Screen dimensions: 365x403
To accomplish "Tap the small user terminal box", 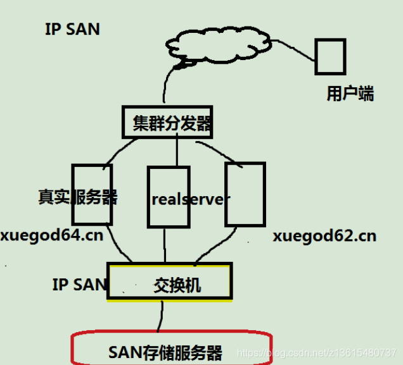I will (x=331, y=56).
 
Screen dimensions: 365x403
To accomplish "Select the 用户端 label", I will (x=350, y=94).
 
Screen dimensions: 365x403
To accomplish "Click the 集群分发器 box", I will (x=167, y=122).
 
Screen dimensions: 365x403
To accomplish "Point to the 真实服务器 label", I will (x=77, y=197).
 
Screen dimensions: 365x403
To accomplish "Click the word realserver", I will (x=191, y=199).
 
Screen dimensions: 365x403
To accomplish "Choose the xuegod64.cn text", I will (x=52, y=236).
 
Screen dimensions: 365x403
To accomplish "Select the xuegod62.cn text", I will (x=324, y=237).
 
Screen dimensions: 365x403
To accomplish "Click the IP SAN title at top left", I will (x=72, y=30).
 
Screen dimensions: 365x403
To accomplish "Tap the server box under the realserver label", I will (x=169, y=215).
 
